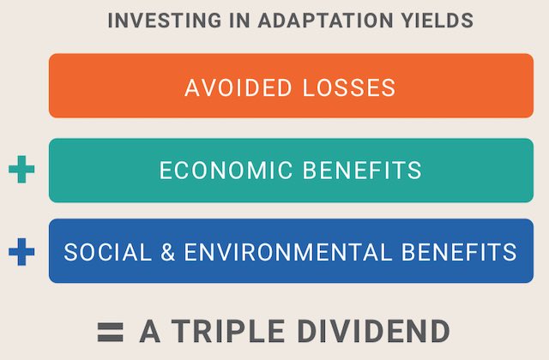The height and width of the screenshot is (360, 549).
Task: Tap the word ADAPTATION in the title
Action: (x=325, y=21)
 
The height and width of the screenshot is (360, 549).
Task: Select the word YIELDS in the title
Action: (x=437, y=21)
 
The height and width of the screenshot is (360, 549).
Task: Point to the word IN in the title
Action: (x=240, y=21)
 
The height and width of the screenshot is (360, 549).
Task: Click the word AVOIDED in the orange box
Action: (x=238, y=87)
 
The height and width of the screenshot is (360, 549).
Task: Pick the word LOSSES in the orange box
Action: (x=349, y=87)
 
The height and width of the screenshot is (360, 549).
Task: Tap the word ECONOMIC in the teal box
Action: (x=226, y=171)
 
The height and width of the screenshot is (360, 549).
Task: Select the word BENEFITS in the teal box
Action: (x=362, y=171)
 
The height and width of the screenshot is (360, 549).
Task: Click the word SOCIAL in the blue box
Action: (x=108, y=252)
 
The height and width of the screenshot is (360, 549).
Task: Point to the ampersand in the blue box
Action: (x=168, y=252)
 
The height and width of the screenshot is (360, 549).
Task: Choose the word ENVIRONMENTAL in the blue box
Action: (x=288, y=252)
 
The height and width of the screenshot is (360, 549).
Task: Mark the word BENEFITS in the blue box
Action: (x=459, y=252)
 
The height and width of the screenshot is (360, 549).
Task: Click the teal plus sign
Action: (x=21, y=170)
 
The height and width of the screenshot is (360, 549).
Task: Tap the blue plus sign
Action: (x=21, y=251)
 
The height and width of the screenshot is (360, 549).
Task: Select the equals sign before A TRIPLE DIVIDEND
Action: (x=111, y=332)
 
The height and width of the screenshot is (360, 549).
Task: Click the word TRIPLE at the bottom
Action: (x=227, y=331)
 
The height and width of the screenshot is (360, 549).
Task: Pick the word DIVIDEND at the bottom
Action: (x=374, y=331)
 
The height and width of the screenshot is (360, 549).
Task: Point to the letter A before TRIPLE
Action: (x=150, y=331)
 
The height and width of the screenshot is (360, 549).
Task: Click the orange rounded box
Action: (x=292, y=86)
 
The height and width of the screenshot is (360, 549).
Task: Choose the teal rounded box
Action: (x=292, y=171)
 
